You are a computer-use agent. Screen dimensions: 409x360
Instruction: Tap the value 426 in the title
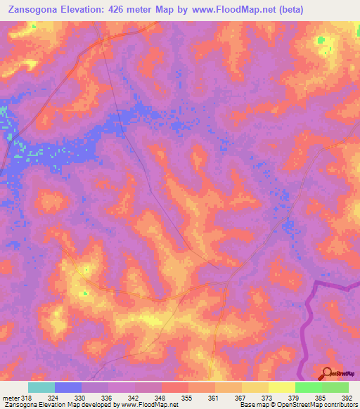click(125, 9)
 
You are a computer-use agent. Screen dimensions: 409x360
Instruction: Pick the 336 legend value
click(105, 397)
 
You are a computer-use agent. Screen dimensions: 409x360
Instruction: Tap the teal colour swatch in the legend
click(41, 387)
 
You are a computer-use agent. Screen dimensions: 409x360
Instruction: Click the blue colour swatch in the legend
click(68, 387)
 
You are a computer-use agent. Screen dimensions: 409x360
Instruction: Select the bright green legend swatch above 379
click(308, 387)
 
